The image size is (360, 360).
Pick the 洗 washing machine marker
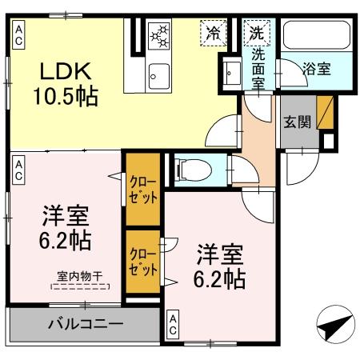(256, 33)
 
